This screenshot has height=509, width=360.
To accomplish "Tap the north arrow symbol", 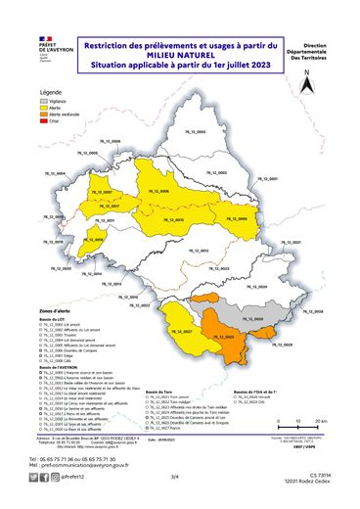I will click(x=306, y=83).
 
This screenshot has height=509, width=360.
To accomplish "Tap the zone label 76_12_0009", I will click(x=236, y=220).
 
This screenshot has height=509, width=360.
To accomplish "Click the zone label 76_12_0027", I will click(x=181, y=333).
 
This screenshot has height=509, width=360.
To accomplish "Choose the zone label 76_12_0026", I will click(x=251, y=320).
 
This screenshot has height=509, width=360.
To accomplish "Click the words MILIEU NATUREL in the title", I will click(x=180, y=55).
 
